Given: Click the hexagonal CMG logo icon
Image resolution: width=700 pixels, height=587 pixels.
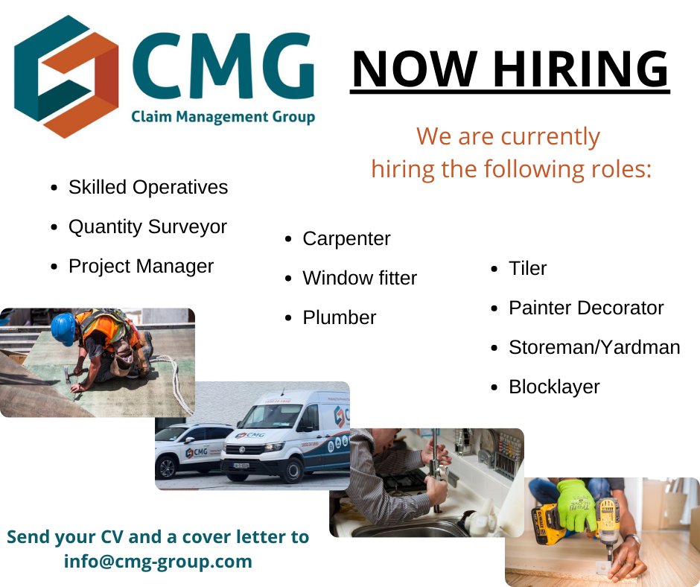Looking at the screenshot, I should point(66,77).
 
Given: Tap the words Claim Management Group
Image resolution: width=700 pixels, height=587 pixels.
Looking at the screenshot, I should point(223,116).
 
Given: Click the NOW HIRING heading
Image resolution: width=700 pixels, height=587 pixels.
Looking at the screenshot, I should point(509,69).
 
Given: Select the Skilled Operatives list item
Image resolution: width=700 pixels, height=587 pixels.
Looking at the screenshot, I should point(147,187).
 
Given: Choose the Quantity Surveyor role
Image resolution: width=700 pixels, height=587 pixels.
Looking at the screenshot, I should point(147,226).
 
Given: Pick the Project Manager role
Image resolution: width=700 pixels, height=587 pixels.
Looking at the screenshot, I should point(141,266).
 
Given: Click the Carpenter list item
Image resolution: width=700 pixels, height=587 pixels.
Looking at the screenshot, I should point(346,238).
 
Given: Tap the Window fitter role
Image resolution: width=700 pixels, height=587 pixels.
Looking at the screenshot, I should point(360,278).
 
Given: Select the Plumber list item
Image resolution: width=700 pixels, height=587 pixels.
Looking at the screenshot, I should point(339,317).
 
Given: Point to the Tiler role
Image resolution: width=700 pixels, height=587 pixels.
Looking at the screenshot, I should point(527,268).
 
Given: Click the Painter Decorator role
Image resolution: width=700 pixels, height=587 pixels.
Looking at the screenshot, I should point(585,308).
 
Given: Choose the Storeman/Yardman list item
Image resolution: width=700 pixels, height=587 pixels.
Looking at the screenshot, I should point(594,347).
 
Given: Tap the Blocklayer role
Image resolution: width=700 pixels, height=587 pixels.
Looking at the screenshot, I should point(554,387).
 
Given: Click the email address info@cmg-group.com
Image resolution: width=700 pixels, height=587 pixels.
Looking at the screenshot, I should point(158,561).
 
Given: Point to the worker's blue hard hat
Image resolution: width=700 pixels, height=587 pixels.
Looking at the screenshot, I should point(63,329).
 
